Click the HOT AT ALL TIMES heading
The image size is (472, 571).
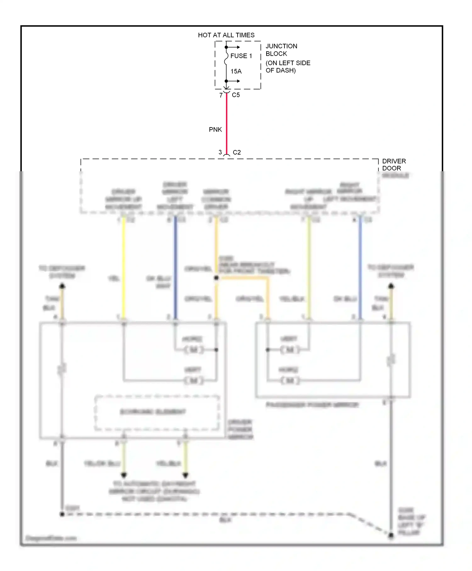pos(226,35)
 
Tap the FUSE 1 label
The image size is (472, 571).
pos(241,56)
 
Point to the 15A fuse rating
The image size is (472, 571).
pos(236,71)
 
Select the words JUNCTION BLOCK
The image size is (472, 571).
pos(281,50)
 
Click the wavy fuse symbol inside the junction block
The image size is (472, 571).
pos(226,59)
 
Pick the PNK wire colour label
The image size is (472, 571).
pos(215,130)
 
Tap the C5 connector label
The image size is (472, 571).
pos(236,95)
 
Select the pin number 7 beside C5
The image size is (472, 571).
pos(221,95)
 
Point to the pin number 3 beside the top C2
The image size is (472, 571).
pos(220,152)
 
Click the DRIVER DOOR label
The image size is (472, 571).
pos(394,165)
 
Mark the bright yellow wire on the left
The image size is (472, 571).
pos(124,268)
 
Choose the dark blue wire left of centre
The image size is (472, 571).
pos(176,268)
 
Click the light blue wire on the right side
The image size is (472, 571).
pos(360,268)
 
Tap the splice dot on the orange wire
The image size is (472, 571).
pos(216,278)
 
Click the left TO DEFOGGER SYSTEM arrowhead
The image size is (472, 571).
pos(62,286)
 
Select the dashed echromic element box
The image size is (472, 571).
pos(157,412)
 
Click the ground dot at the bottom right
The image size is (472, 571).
pos(391,535)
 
